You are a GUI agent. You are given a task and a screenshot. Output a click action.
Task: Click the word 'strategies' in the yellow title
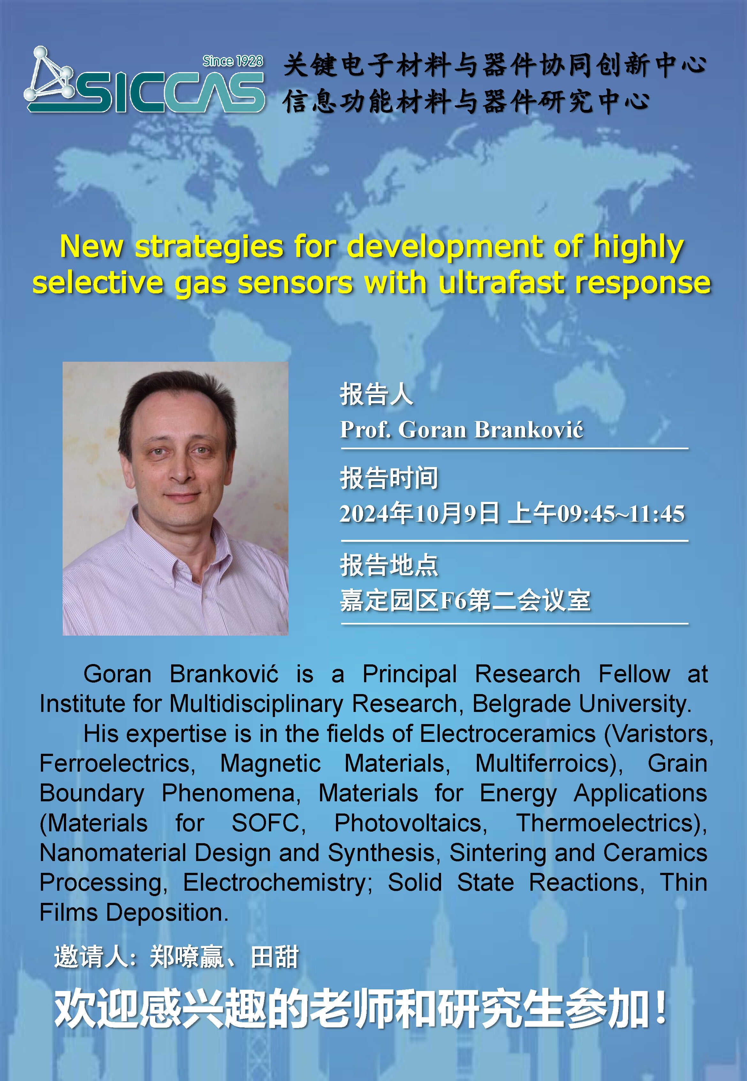[209, 247]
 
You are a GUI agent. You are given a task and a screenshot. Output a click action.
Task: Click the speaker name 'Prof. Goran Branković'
[461, 429]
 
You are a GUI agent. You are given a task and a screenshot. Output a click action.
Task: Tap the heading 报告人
[376, 394]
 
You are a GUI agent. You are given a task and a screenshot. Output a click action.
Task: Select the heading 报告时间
[389, 478]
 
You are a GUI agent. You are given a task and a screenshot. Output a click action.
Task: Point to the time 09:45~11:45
[621, 514]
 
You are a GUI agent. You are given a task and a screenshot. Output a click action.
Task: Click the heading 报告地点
[389, 565]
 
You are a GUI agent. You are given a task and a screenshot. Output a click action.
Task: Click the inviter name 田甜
[275, 957]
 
